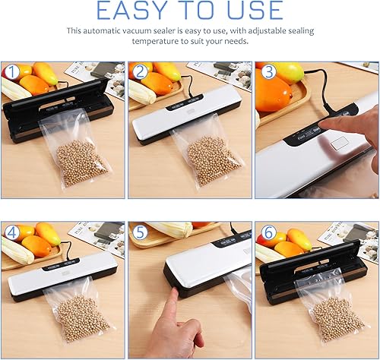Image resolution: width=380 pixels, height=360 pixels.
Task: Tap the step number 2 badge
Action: [x=140, y=72]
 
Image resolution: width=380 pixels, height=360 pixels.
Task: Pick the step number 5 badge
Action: [x=140, y=232]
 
